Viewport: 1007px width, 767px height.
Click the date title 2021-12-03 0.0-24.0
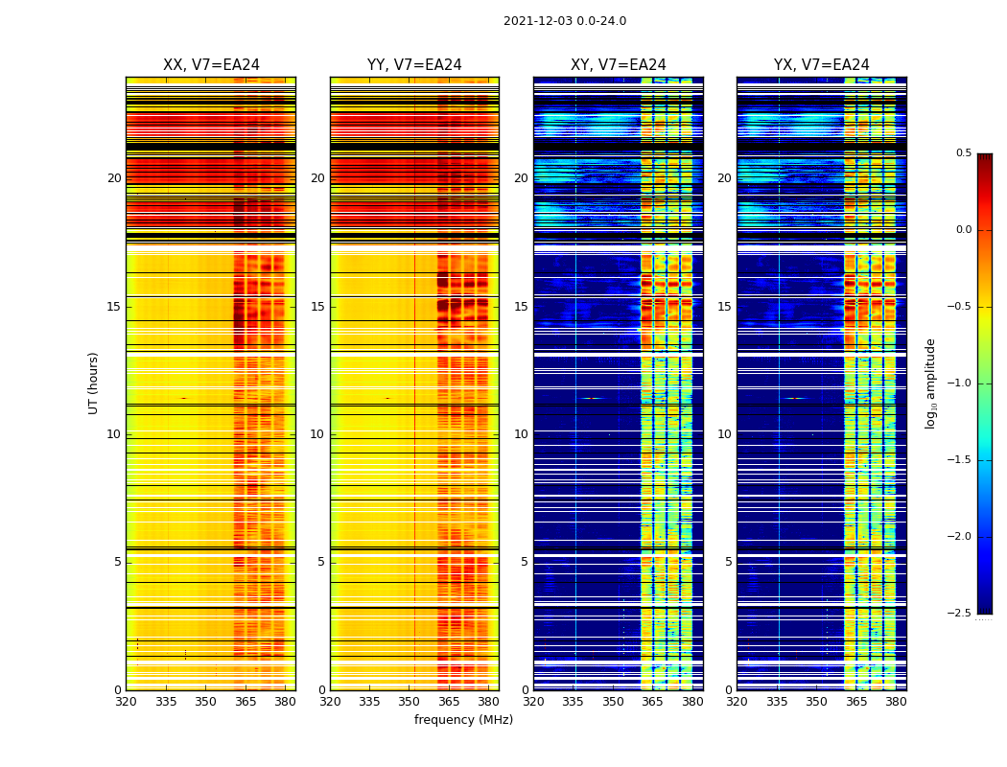tap(564, 21)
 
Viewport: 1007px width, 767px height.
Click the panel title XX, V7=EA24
tap(211, 65)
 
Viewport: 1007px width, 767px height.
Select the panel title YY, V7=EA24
tap(414, 65)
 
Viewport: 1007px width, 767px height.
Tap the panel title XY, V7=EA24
tap(618, 65)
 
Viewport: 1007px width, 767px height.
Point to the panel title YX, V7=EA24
tap(821, 65)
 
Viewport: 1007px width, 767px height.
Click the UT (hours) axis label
tap(94, 383)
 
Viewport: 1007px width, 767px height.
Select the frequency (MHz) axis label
tap(463, 720)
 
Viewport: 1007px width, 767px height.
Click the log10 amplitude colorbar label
tap(930, 383)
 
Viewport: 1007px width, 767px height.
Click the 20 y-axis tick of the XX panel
tap(114, 178)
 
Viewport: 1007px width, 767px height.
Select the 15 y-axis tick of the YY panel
tap(318, 307)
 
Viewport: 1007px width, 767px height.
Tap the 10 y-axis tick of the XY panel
tap(521, 434)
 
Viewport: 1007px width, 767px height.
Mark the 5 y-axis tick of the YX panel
tap(729, 562)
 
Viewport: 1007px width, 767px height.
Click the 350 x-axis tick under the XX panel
tap(205, 702)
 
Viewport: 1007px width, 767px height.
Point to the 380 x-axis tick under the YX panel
tap(896, 702)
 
